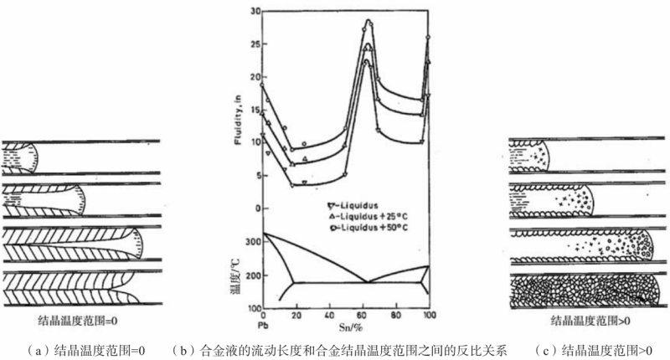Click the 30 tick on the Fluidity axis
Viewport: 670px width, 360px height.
tap(255, 11)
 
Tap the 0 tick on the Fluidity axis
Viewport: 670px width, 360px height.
tap(257, 208)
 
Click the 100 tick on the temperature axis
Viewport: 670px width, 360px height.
tap(253, 313)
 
